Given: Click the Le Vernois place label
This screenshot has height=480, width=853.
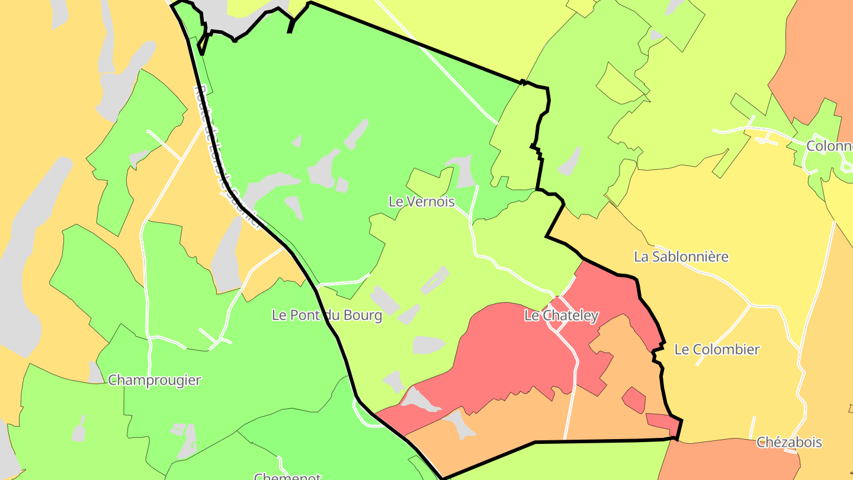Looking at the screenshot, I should point(421,201).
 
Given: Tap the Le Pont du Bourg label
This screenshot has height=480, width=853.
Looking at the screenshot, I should point(326,315).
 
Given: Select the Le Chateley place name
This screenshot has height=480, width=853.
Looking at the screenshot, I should point(561,316).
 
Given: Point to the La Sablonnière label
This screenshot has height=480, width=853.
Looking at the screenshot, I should point(681,257).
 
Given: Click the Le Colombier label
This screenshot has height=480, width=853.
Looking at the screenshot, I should point(717,350).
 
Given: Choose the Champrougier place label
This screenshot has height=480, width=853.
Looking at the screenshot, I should point(154,380).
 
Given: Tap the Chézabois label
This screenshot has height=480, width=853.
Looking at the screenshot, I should point(789,442).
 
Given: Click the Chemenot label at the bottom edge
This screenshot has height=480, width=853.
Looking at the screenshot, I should point(287,476).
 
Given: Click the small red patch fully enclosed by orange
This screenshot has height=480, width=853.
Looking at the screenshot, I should point(634,400).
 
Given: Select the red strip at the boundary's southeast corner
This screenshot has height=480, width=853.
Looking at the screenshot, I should point(662,421).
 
